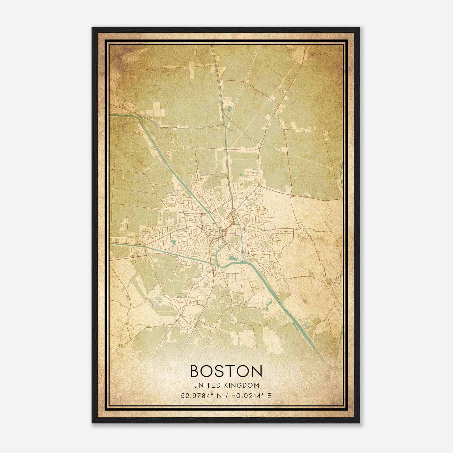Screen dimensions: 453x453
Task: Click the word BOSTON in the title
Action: [226, 371]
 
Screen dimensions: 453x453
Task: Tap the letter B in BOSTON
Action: [195, 371]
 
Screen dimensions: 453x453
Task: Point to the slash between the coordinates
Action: [226, 396]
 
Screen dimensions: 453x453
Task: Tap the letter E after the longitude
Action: [269, 396]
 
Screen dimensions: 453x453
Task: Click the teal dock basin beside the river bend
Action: [234, 258]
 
